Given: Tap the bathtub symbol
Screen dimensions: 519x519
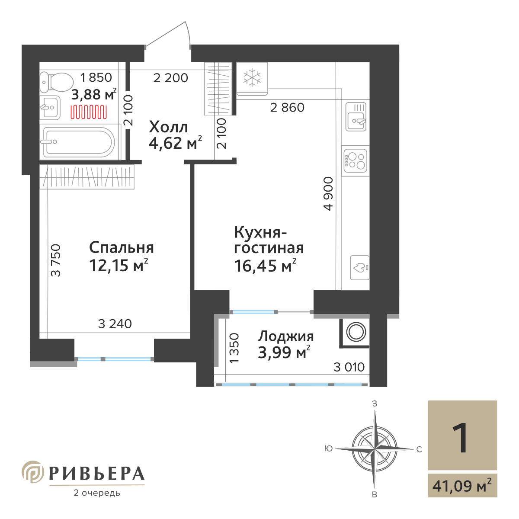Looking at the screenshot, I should [x=78, y=142].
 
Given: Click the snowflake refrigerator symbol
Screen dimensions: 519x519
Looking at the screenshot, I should [x=252, y=78].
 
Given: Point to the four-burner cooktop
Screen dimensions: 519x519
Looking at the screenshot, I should [x=356, y=160].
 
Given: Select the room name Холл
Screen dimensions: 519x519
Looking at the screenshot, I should [x=168, y=127].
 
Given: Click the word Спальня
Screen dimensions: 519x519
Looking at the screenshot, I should [x=121, y=247].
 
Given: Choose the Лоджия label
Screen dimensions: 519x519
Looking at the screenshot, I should [x=286, y=336].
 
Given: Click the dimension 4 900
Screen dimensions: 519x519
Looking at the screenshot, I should [x=329, y=193].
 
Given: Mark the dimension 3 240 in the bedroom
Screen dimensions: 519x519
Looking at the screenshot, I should [x=115, y=324].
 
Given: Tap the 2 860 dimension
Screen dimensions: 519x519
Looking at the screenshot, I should [x=287, y=107].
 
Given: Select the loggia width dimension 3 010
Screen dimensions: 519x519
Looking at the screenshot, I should [x=349, y=367].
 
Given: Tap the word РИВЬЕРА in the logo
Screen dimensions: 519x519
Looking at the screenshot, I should [x=96, y=474].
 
